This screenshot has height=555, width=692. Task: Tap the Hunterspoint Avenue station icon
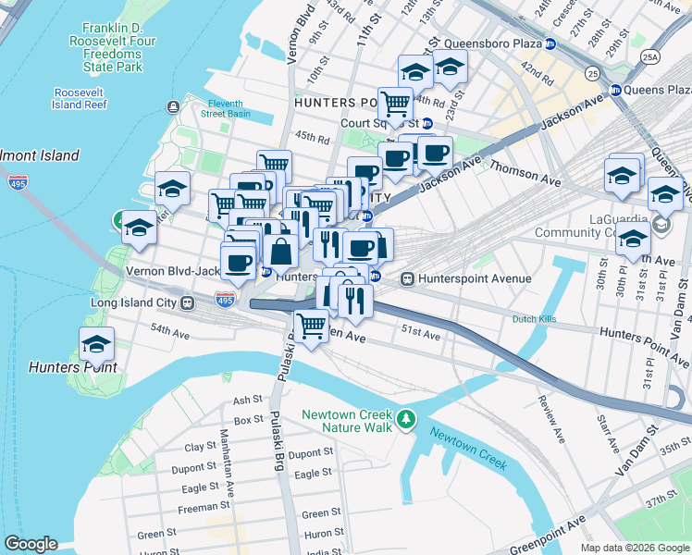click(x=406, y=278)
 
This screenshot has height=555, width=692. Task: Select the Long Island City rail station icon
click(x=187, y=302)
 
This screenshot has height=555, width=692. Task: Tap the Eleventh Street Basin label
click(x=226, y=107)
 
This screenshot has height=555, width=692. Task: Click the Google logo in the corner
click(x=31, y=544)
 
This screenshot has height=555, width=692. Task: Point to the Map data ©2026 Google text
click(x=634, y=548)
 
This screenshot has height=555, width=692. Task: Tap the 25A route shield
click(x=651, y=56)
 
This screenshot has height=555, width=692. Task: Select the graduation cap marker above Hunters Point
click(x=97, y=345)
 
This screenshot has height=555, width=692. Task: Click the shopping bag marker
click(x=280, y=251)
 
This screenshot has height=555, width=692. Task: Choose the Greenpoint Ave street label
click(x=553, y=530)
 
